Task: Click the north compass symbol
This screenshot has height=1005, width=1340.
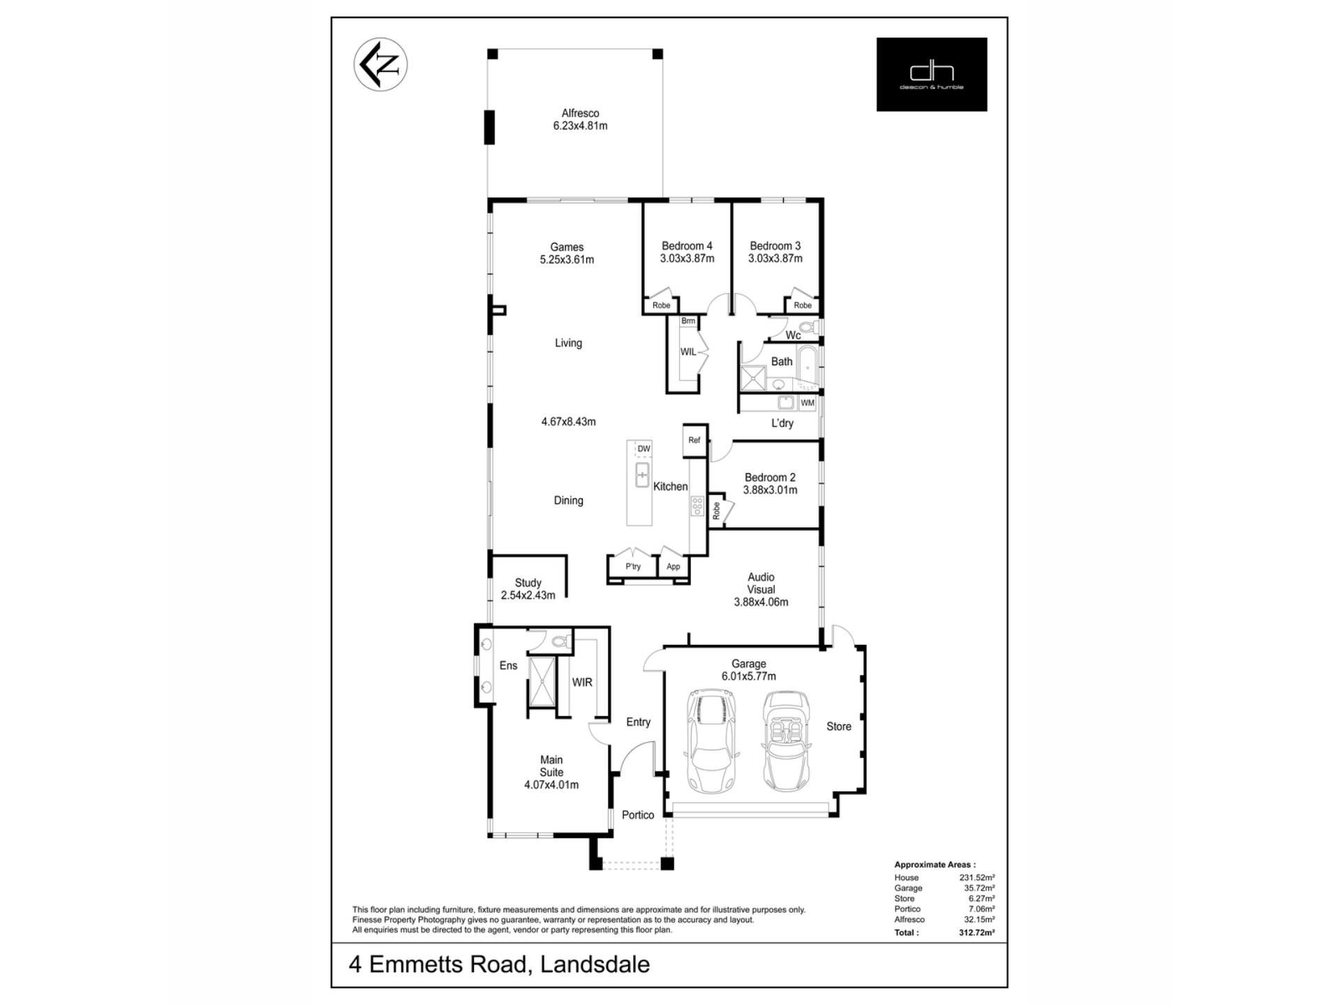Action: click(x=380, y=64)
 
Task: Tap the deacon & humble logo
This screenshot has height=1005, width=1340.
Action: click(x=932, y=74)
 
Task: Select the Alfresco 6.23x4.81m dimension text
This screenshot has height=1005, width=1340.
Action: click(x=580, y=126)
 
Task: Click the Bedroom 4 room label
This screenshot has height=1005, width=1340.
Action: click(x=687, y=246)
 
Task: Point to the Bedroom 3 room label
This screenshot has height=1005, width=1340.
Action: click(x=775, y=246)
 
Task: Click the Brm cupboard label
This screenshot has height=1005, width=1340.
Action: click(x=688, y=321)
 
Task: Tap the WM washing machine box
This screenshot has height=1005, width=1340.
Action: click(x=807, y=403)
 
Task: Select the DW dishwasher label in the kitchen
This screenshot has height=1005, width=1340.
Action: click(x=643, y=449)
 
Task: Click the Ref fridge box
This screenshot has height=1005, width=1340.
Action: click(x=694, y=440)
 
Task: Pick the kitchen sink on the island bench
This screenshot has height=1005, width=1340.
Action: click(x=642, y=475)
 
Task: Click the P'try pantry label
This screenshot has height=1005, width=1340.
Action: click(x=633, y=567)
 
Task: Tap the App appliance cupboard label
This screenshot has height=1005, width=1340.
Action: click(x=673, y=567)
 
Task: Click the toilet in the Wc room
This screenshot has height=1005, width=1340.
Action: click(x=807, y=327)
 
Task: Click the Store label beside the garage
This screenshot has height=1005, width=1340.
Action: click(x=839, y=727)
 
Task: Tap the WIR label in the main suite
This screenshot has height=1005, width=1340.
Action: click(x=582, y=683)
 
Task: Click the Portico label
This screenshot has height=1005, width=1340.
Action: click(x=638, y=815)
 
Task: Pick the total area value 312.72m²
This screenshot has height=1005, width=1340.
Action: click(x=977, y=932)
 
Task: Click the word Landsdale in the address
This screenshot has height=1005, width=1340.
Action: click(x=595, y=965)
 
